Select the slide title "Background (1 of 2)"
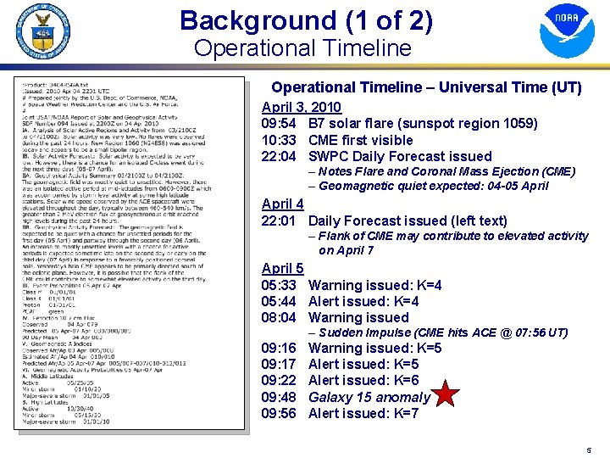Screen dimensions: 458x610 pos(306,20)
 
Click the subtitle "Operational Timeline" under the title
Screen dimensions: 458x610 pos(302,48)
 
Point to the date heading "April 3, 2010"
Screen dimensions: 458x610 pos(302,107)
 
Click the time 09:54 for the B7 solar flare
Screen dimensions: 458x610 pos(279,124)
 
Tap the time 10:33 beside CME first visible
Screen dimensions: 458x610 pos(279,140)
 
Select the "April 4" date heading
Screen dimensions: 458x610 pos(283,204)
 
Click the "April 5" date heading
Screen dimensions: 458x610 pos(283,269)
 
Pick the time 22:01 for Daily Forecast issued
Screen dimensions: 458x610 pos(279,221)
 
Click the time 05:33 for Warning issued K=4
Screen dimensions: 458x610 pos(279,286)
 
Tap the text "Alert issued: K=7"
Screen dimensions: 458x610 pos(363,414)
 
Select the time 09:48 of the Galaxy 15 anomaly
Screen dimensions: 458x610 pos(279,398)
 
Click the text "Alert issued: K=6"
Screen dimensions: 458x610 pos(363,381)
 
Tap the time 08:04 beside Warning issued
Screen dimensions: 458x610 pos(279,318)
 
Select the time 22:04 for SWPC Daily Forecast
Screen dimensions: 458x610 pos(279,156)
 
